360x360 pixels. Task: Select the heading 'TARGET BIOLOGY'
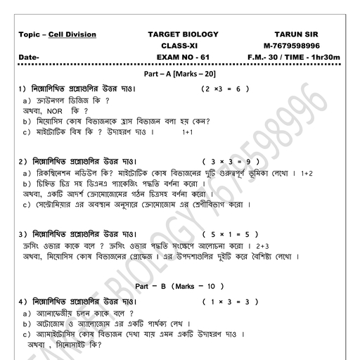pos(184,34)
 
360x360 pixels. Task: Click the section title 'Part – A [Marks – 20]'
pos(181,74)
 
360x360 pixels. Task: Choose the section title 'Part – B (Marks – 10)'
pos(179,287)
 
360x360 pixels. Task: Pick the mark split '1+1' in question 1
pos(187,132)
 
